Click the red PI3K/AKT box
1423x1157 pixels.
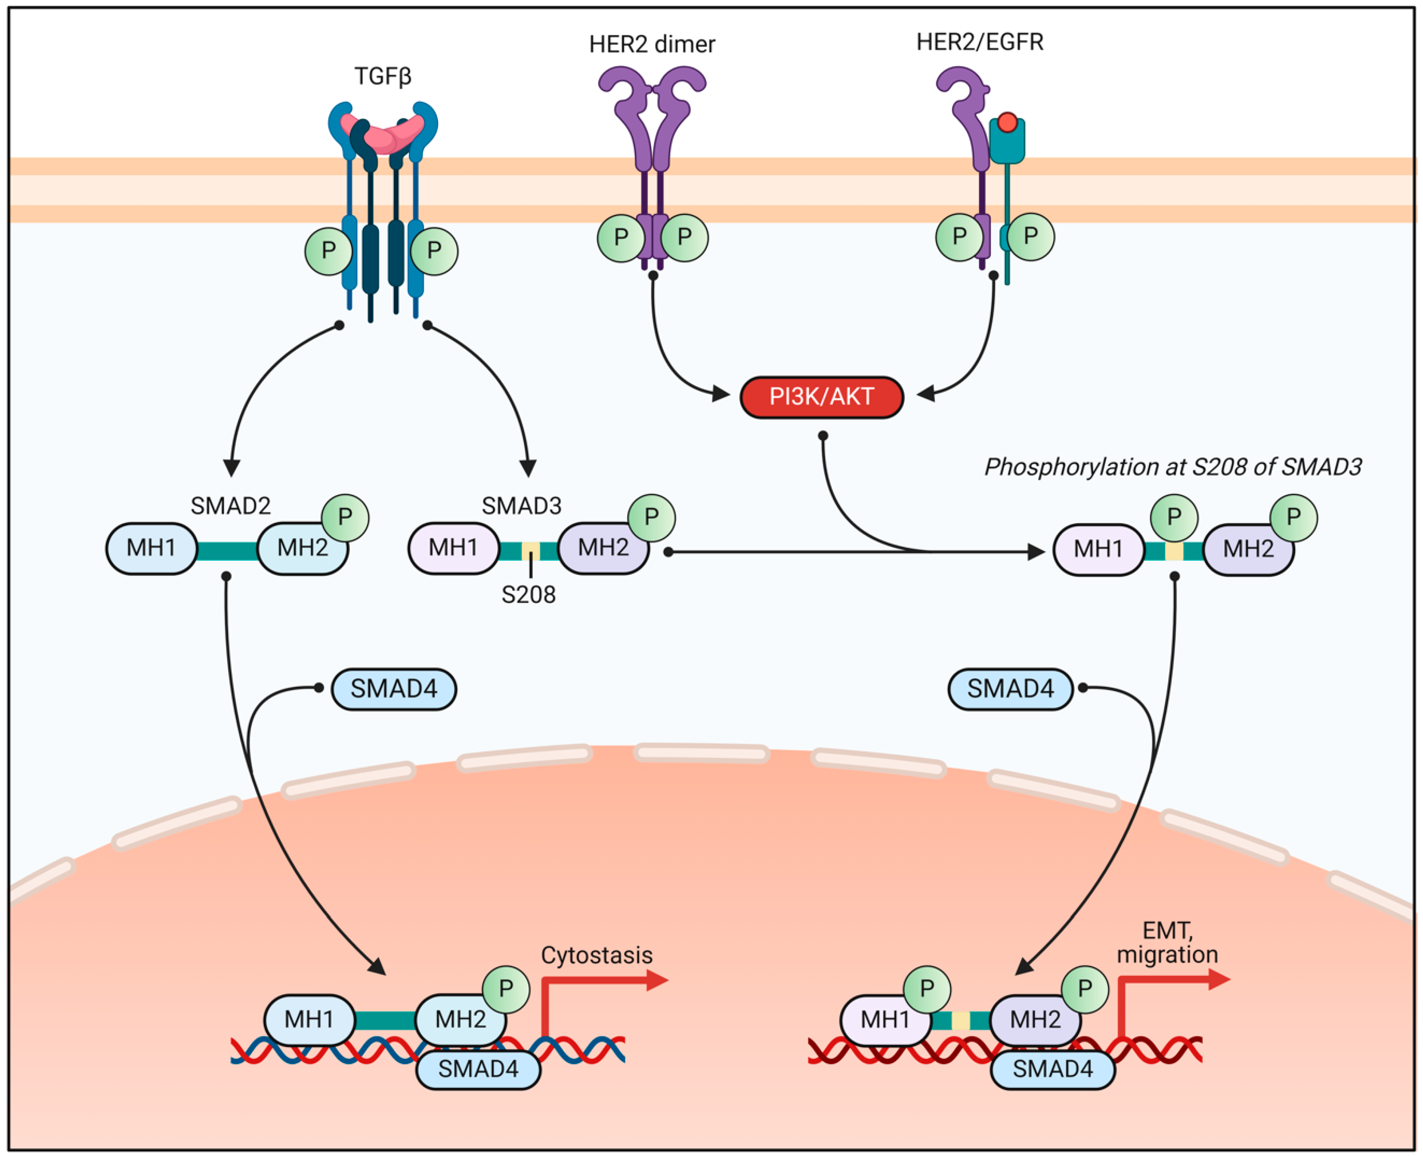(x=821, y=397)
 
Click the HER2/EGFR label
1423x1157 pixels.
(x=979, y=42)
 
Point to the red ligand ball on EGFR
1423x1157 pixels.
(x=1007, y=123)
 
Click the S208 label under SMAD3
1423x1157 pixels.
(x=528, y=594)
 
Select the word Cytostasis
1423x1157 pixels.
(x=596, y=955)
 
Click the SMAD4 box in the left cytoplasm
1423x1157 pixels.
(x=394, y=688)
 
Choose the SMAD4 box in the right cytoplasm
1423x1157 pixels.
(x=1010, y=688)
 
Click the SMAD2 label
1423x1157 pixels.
(x=231, y=506)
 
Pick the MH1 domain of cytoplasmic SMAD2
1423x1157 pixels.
(x=152, y=548)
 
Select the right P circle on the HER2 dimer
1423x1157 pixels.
(x=684, y=237)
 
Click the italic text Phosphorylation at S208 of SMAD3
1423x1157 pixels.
(x=1173, y=467)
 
